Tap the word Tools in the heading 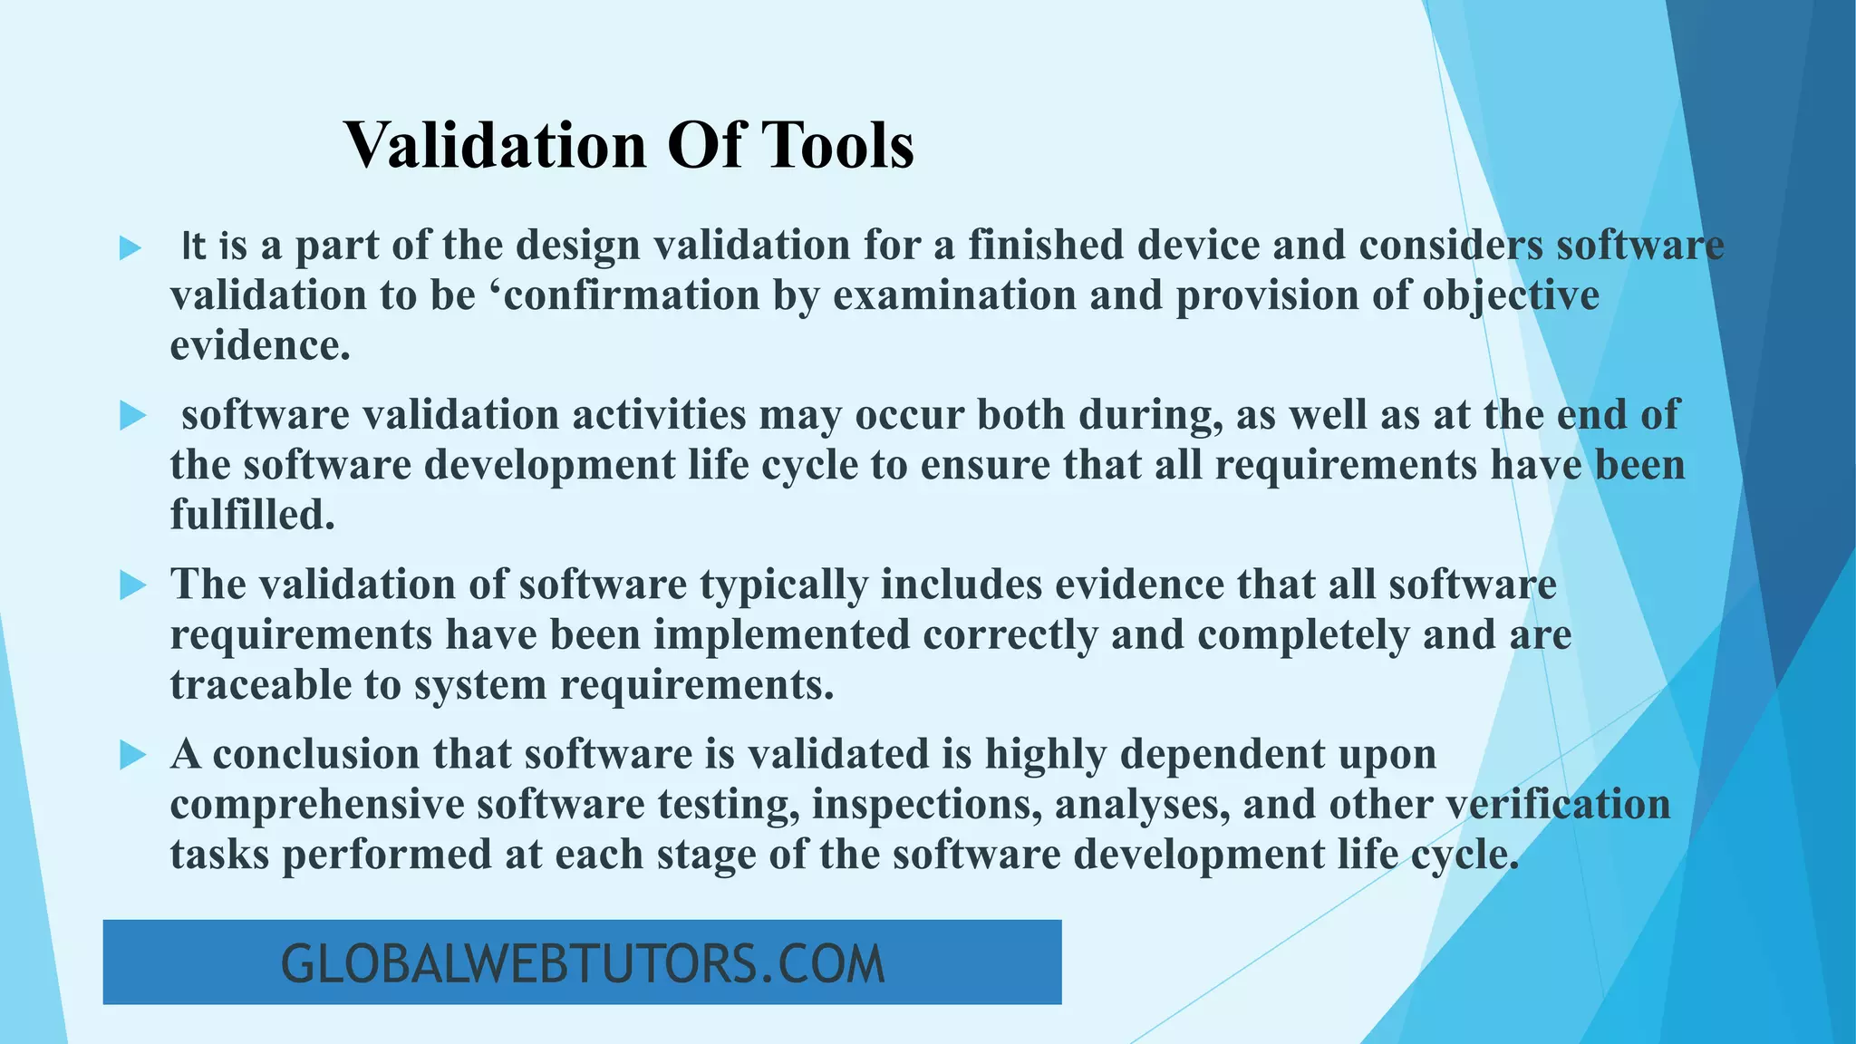pyautogui.click(x=836, y=145)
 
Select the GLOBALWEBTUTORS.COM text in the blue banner pyautogui.click(x=583, y=963)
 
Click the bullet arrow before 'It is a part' pyautogui.click(x=131, y=247)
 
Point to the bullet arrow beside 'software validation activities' pyautogui.click(x=132, y=417)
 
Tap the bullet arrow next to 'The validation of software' pyautogui.click(x=132, y=586)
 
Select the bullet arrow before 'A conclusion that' pyautogui.click(x=132, y=756)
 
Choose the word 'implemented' pyautogui.click(x=782, y=635)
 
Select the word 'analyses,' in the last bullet pyautogui.click(x=1143, y=806)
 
